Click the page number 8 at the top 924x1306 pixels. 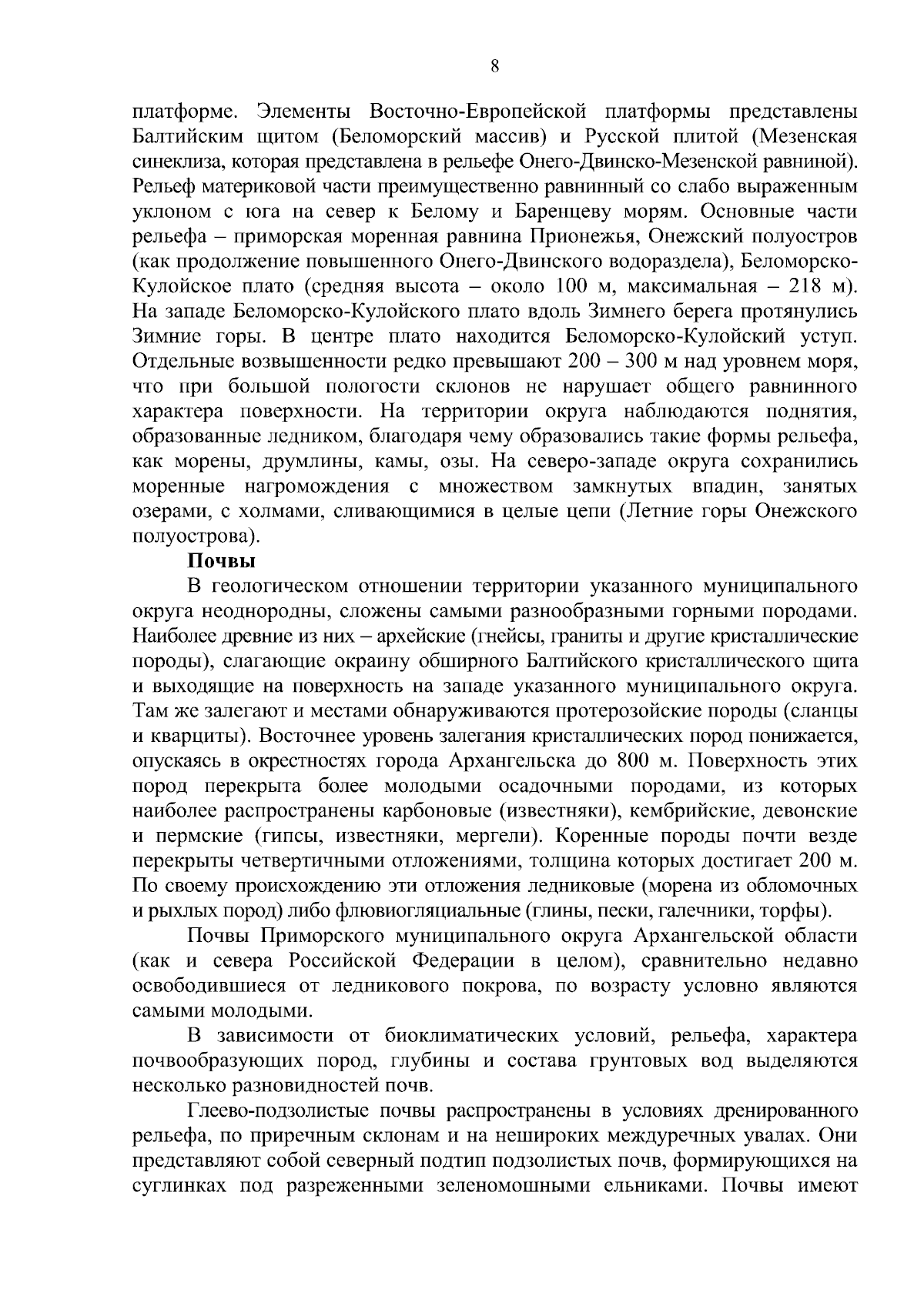coord(495,66)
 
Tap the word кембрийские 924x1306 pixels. coord(693,811)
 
